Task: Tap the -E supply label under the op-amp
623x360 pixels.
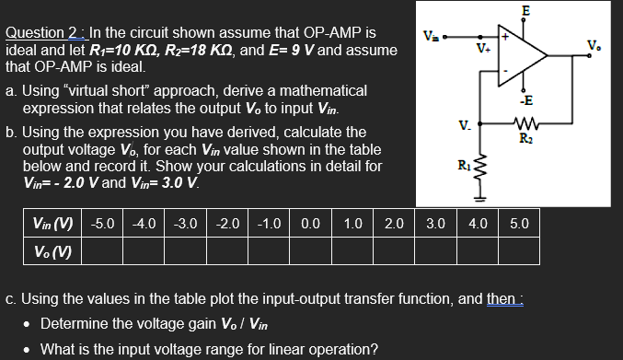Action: coord(525,101)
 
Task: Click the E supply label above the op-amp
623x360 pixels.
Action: coord(525,10)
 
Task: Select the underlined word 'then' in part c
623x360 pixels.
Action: coord(498,298)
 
